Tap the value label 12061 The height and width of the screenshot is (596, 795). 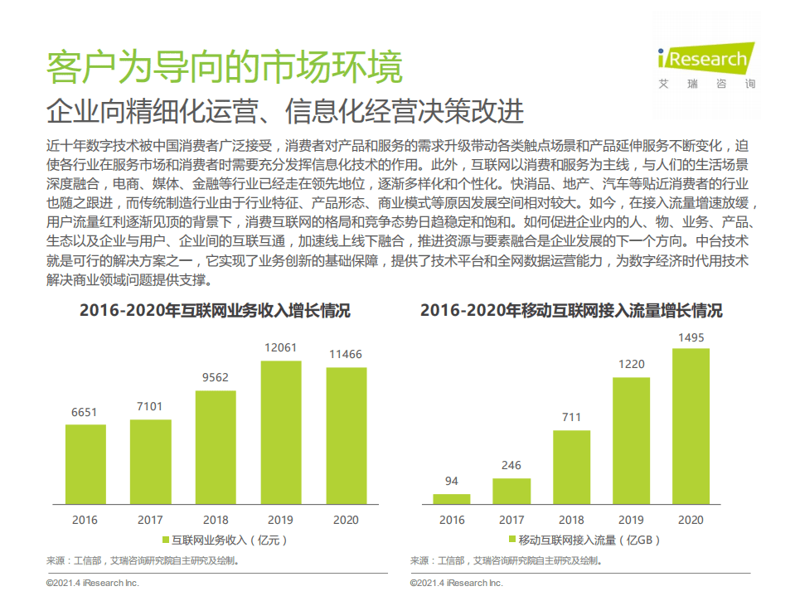point(281,349)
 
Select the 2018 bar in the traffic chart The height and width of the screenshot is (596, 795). point(571,467)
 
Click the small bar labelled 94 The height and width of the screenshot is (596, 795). point(452,498)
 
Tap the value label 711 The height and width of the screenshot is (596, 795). point(571,418)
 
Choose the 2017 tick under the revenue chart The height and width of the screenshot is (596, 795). point(150,520)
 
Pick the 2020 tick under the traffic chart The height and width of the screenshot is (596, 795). point(691,520)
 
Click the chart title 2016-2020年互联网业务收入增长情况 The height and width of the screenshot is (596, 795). point(215,312)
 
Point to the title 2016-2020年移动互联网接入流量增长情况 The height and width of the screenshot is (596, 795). point(571,312)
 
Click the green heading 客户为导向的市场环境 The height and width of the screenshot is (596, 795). point(224,68)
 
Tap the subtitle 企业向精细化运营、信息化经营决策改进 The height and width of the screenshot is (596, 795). point(286,111)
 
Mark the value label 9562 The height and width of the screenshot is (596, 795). point(216,377)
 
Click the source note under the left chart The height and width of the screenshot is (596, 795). point(143,560)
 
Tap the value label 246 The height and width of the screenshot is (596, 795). point(511,466)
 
